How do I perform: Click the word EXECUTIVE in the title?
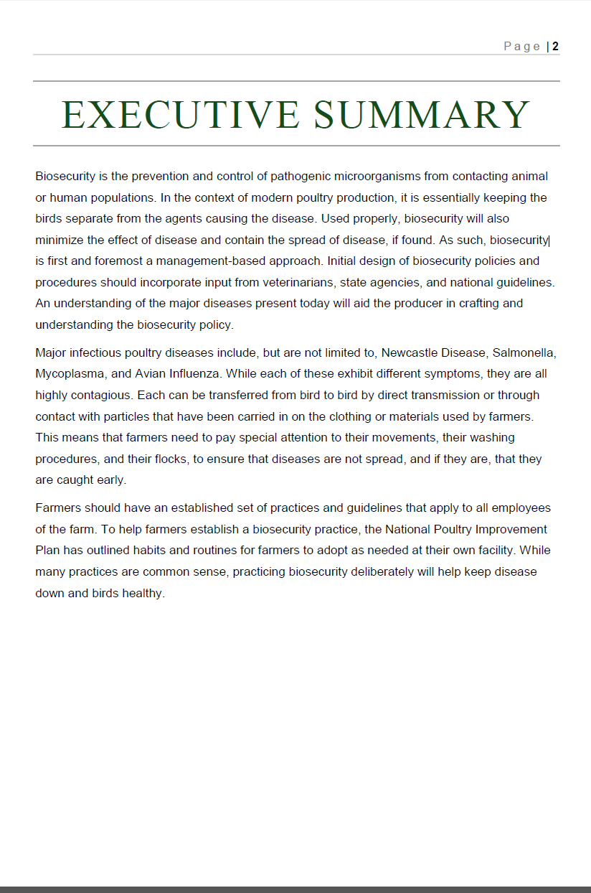coord(180,115)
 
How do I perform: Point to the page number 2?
coord(555,47)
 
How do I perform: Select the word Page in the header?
coord(522,47)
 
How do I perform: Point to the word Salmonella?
coord(524,352)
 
